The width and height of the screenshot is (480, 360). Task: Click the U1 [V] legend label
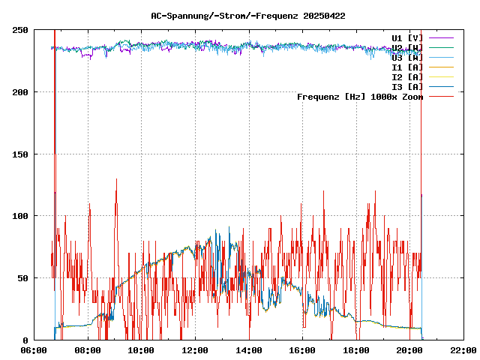click(407, 37)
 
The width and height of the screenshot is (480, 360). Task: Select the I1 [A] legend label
click(407, 67)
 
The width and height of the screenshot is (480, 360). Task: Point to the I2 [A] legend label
click(407, 76)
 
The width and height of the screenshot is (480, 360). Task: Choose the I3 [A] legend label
click(407, 86)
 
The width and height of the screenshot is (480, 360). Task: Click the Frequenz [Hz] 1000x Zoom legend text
click(360, 96)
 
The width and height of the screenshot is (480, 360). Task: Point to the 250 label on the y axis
click(20, 30)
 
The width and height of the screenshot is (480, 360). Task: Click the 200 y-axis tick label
click(20, 92)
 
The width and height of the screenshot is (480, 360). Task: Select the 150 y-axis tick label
click(20, 154)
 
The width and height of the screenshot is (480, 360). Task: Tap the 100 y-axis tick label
click(20, 216)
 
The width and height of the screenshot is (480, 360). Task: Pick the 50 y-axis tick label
click(23, 278)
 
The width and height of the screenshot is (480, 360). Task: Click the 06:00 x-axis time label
click(34, 350)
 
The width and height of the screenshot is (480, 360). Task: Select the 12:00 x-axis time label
click(195, 350)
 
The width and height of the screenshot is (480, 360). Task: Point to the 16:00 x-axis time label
click(302, 350)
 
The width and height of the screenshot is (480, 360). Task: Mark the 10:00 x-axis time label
click(142, 350)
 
